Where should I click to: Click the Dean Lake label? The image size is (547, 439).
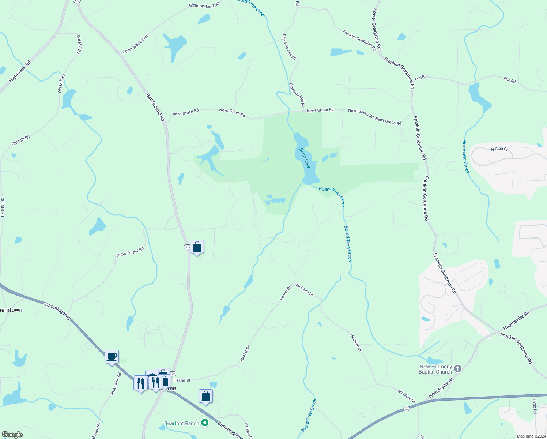coord(305,158)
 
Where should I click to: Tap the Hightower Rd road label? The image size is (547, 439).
coord(20,72)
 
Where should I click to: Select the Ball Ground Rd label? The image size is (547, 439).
coord(156,107)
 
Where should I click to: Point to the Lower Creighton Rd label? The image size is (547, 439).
coord(377,29)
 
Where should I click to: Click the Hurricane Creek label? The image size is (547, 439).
coord(465,157)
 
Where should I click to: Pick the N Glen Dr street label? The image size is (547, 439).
coord(499,149)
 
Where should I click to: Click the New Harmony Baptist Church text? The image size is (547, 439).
coord(435,369)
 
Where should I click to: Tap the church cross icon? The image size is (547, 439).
coord(458,368)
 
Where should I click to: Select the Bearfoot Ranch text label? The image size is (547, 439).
coord(182,423)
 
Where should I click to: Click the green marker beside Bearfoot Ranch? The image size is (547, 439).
coord(205,423)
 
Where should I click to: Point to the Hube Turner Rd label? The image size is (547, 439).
coord(130,252)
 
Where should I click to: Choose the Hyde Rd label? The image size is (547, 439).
coord(535,406)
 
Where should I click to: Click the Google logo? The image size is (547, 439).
coord(12,435)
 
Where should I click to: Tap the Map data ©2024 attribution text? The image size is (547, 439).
coord(531,436)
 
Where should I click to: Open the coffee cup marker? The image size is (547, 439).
coord(112,356)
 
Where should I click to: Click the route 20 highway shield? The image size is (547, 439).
coord(407,408)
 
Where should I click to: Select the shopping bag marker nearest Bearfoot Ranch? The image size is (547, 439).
coord(205,396)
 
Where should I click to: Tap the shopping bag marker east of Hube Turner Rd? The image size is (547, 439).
coord(197,247)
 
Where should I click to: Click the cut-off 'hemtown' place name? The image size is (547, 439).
coord(11,310)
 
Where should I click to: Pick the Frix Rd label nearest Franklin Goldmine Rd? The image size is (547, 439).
coord(420,78)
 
